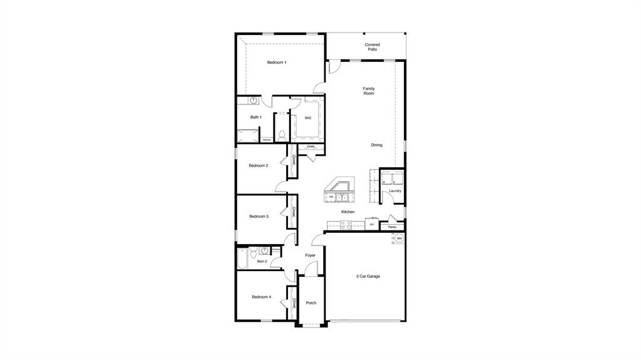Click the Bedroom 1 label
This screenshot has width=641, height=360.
(277, 62)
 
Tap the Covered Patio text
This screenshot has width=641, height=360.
(372, 47)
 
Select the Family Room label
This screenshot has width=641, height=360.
(369, 91)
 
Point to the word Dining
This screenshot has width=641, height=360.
(376, 145)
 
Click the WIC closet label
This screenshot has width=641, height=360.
(308, 118)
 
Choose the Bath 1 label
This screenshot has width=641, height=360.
(256, 117)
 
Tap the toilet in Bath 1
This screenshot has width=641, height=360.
(282, 135)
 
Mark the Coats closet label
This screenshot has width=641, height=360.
(310, 147)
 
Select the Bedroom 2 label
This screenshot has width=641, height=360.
(259, 165)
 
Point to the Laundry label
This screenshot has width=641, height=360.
(395, 191)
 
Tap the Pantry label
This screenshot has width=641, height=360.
(392, 227)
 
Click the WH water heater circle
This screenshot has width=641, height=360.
(399, 239)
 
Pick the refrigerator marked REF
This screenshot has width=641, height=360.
(372, 224)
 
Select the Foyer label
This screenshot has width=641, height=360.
(310, 255)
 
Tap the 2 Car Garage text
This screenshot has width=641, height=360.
(368, 276)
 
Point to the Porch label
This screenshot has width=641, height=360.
(311, 303)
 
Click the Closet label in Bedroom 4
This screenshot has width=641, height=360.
(293, 303)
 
